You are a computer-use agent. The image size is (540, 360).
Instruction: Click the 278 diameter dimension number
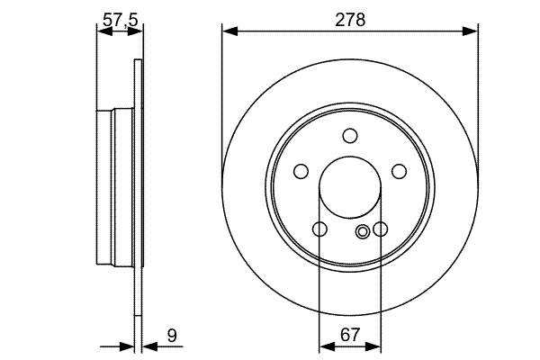[350, 20]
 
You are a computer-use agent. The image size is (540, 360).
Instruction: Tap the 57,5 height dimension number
[121, 20]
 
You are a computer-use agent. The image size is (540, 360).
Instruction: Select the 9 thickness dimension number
[172, 335]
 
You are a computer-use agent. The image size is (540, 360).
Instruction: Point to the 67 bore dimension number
[350, 335]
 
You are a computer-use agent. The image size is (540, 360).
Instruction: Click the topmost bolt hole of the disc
[350, 136]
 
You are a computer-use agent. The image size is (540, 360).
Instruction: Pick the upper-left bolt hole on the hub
[301, 171]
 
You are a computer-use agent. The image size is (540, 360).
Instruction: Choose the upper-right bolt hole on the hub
[399, 171]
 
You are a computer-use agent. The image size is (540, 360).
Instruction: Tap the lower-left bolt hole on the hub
[319, 229]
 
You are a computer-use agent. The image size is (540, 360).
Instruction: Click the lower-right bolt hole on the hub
[380, 229]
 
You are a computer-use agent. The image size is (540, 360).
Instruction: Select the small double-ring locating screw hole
[363, 231]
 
